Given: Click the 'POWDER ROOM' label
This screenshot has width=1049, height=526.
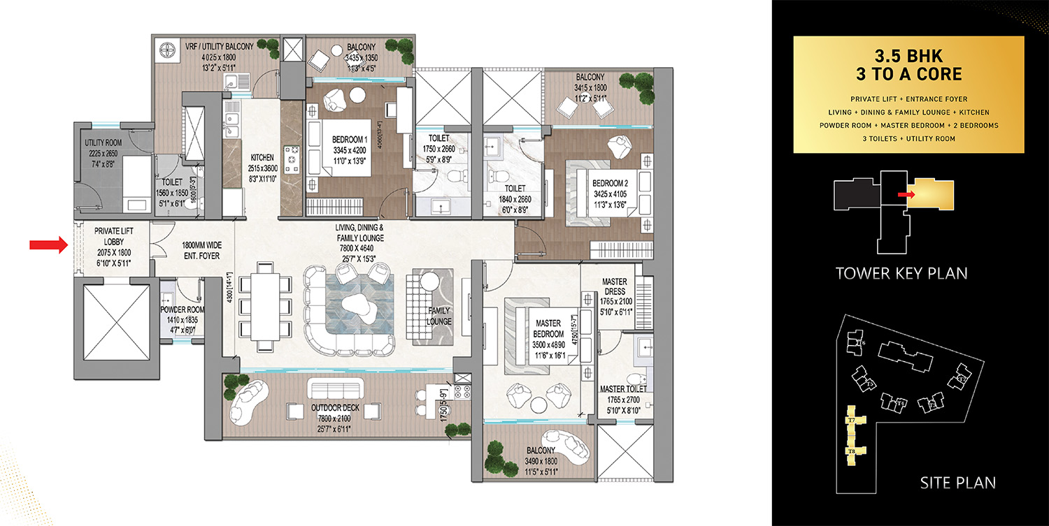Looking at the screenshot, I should pyautogui.click(x=182, y=309).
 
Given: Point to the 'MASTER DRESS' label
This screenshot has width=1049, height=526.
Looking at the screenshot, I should pyautogui.click(x=615, y=286).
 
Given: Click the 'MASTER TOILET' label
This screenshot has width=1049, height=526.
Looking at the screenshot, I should pyautogui.click(x=622, y=389).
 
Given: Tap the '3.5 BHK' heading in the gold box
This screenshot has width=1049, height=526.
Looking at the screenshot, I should pyautogui.click(x=908, y=56).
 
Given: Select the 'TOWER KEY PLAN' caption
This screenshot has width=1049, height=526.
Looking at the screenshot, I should pyautogui.click(x=901, y=273).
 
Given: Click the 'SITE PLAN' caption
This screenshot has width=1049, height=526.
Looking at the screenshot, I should pyautogui.click(x=957, y=482).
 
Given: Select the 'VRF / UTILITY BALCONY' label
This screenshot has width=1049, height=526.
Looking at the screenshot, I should pyautogui.click(x=219, y=47).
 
